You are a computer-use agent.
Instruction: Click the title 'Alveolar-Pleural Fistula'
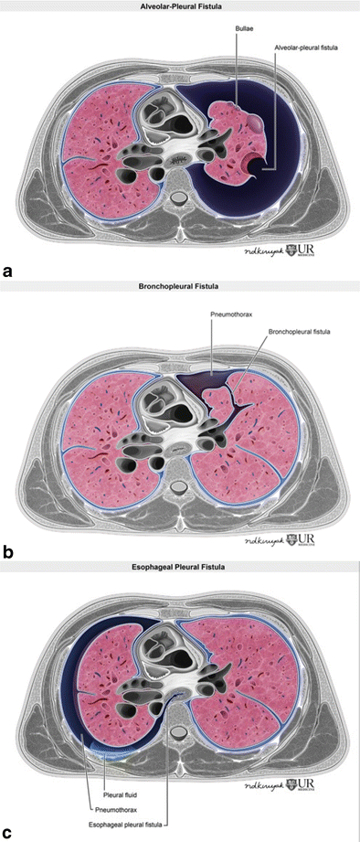(179, 5)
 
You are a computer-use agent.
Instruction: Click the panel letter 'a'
(8, 271)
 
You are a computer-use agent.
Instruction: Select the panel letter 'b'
(8, 552)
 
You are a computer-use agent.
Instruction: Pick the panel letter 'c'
(8, 833)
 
